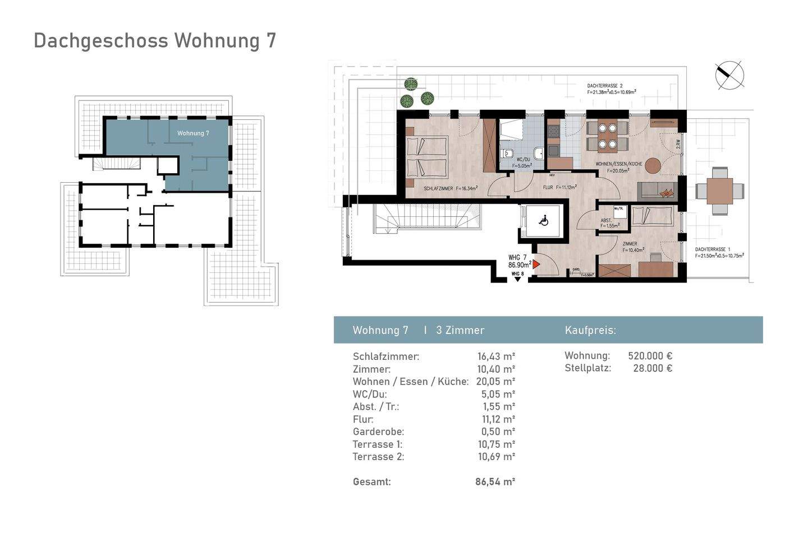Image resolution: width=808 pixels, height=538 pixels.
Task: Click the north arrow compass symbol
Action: tap(729, 75)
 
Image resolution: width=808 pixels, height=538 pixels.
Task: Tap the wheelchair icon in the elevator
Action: tap(543, 221)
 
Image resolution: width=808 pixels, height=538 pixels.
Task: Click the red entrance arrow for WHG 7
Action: tap(536, 263)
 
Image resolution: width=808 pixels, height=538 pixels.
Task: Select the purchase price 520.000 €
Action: tap(650, 356)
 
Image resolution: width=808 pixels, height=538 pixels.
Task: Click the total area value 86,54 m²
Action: tap(495, 481)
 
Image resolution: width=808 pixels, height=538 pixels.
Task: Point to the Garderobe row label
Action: tap(378, 432)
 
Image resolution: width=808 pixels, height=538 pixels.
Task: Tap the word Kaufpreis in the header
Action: tap(590, 330)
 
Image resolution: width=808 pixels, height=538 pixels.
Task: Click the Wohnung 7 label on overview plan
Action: tap(193, 133)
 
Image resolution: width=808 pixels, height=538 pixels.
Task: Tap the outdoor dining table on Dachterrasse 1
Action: tap(720, 191)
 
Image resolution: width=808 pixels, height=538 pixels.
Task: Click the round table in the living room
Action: tap(653, 166)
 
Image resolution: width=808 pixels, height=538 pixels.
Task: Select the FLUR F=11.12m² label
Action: tap(559, 188)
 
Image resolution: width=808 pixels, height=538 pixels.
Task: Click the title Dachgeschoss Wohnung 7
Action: tap(155, 41)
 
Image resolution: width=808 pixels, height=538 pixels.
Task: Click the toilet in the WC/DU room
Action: tap(507, 152)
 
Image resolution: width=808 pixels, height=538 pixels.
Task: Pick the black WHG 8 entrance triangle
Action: tap(517, 279)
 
